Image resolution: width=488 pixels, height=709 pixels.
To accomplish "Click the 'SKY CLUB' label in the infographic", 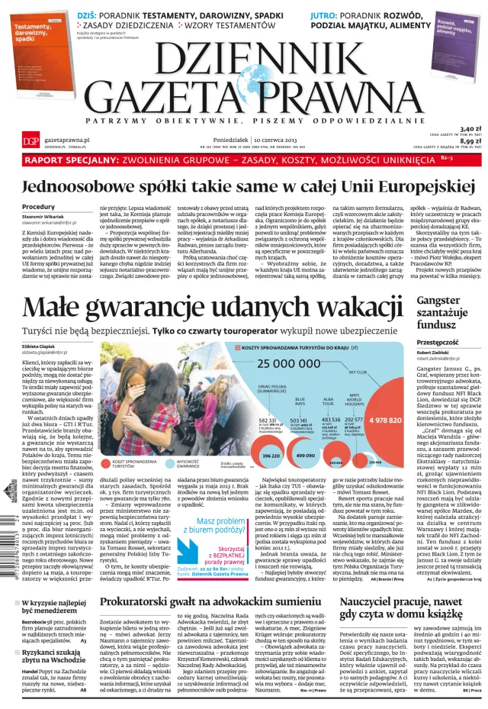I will (x=358, y=372).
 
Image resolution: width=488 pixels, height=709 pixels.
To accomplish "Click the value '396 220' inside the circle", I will (x=270, y=455).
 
